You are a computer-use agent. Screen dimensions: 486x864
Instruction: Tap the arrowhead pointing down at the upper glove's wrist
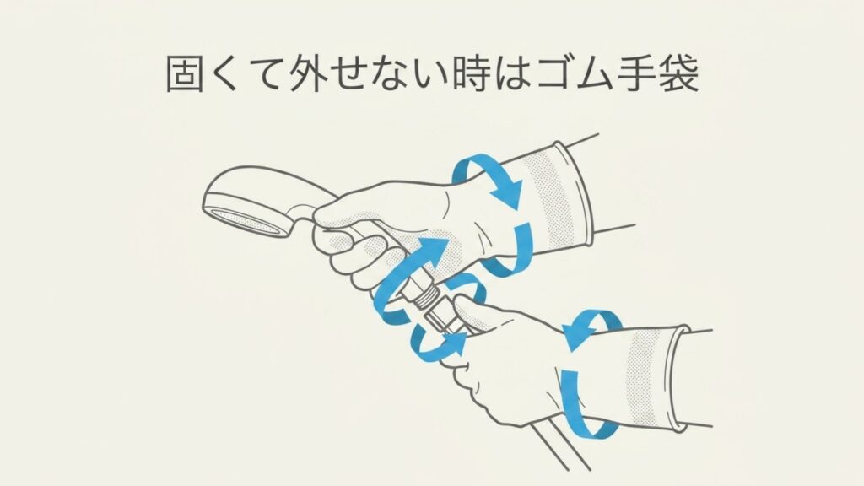click(508, 199)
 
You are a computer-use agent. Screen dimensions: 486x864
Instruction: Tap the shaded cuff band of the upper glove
click(553, 198)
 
